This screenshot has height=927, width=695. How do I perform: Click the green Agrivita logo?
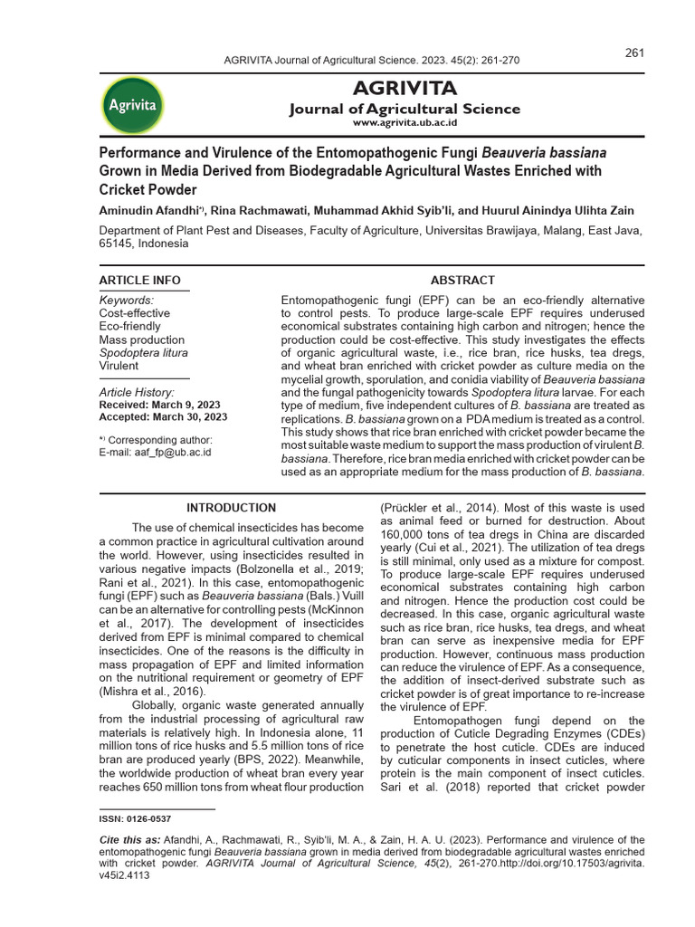click(133, 104)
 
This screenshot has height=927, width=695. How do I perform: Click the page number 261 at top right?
click(634, 53)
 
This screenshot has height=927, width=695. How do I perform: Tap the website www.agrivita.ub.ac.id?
click(405, 123)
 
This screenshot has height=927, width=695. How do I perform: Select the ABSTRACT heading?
click(462, 280)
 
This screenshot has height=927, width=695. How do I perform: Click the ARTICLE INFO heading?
click(139, 280)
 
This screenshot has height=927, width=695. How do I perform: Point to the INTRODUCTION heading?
click(231, 508)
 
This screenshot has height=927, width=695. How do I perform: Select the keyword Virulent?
click(119, 366)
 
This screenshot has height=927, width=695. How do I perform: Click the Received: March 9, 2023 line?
click(158, 405)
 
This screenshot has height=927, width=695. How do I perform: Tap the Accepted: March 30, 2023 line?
click(163, 417)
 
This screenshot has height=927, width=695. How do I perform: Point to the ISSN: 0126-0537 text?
click(135, 818)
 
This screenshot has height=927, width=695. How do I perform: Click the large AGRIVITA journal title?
click(404, 89)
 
